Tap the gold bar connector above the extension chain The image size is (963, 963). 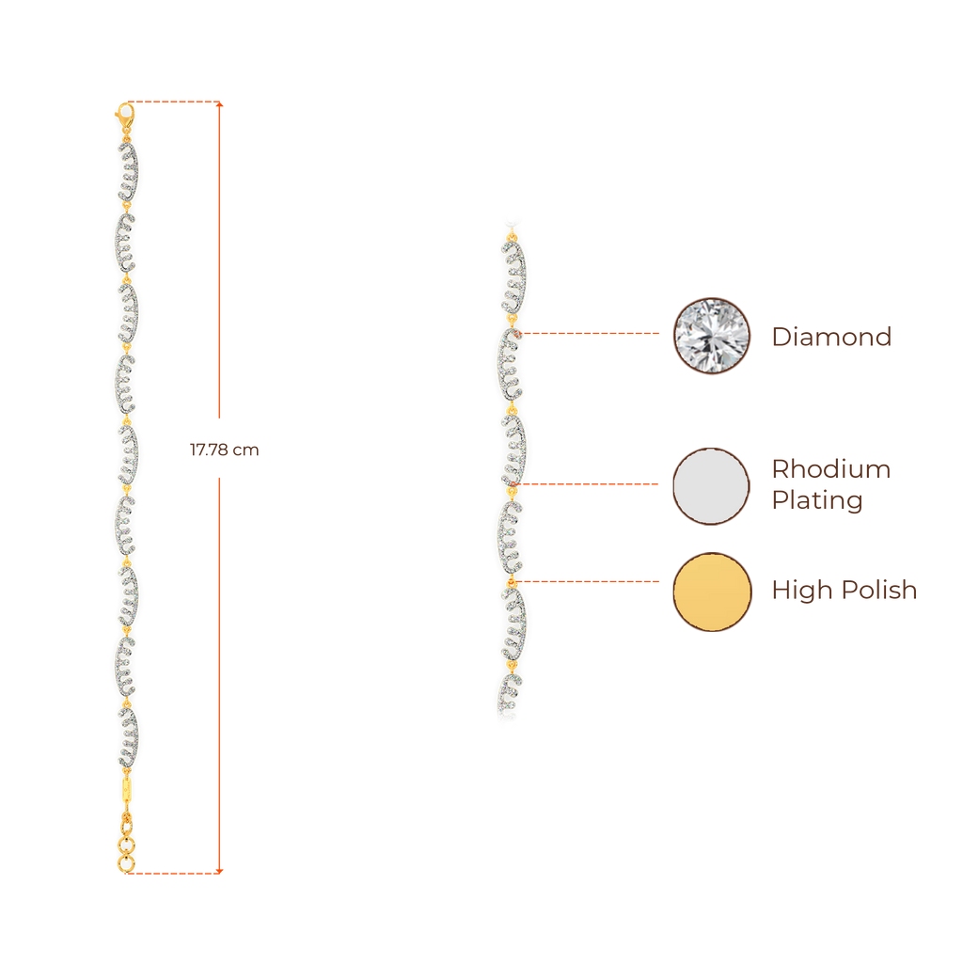click(x=127, y=788)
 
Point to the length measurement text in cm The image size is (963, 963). click(x=224, y=450)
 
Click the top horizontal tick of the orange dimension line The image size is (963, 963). click(x=177, y=101)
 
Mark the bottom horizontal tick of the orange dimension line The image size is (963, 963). click(x=177, y=872)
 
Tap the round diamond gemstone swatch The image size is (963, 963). click(x=712, y=336)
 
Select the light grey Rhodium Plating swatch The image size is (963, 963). click(x=712, y=486)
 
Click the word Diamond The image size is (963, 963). click(x=830, y=337)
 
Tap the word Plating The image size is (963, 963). click(x=817, y=500)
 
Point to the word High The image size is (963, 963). click(x=799, y=591)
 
